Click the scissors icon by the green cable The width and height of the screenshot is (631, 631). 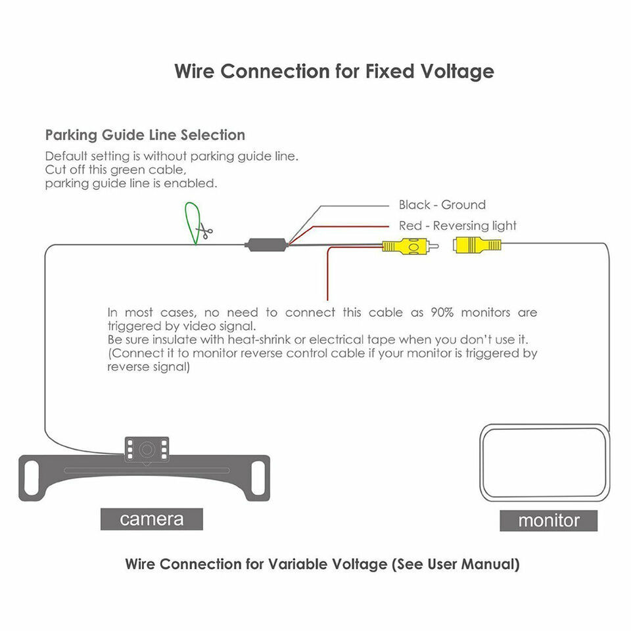[204, 231]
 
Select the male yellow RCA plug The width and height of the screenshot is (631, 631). [409, 246]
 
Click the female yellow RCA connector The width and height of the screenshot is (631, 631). [477, 245]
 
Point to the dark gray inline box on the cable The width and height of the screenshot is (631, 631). [266, 245]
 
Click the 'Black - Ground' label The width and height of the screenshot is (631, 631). [442, 205]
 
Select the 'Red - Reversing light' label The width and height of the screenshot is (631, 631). [457, 225]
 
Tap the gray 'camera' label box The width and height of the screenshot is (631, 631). [152, 519]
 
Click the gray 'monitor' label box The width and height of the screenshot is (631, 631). [548, 521]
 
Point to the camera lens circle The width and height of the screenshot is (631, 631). [147, 449]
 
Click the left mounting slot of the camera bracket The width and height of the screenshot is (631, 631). [32, 478]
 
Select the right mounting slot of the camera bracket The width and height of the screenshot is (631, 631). [258, 478]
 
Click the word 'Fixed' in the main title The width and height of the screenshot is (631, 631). [390, 71]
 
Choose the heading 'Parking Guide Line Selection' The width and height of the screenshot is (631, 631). [145, 135]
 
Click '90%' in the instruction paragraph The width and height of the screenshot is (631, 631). [442, 312]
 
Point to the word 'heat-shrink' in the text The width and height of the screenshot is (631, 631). [259, 339]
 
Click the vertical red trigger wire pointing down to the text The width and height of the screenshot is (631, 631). [327, 273]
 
